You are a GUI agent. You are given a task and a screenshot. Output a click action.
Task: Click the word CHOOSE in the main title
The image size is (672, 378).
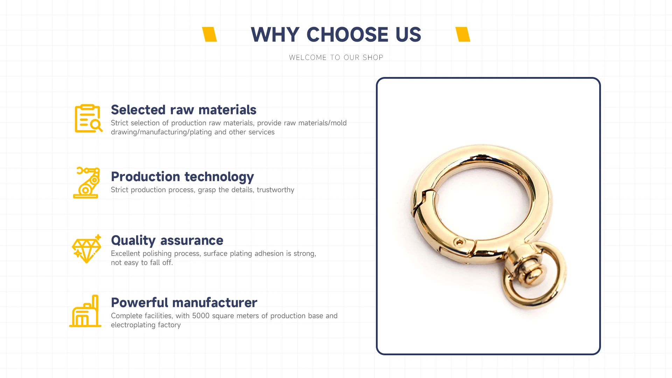pos(347,35)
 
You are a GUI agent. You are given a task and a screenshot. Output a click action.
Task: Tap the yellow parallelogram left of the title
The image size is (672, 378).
pos(210,34)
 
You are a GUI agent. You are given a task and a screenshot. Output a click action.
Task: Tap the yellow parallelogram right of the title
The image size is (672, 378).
pos(463,34)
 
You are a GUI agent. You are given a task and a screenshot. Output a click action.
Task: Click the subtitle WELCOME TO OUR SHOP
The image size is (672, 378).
pos(336,57)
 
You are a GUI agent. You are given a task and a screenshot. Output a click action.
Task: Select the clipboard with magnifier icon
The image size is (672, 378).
pos(88,118)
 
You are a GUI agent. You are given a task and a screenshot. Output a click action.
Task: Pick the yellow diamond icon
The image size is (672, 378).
pos(86,249)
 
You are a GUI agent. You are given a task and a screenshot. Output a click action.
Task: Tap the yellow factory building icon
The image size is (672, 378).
pos(85,311)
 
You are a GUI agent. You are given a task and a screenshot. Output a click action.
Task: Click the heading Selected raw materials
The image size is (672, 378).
pos(184,110)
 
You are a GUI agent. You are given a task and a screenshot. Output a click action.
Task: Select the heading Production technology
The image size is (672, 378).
pos(182,177)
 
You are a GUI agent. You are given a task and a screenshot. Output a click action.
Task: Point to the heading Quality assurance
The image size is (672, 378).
pos(167,241)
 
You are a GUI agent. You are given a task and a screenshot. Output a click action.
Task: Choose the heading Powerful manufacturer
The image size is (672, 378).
pos(184,303)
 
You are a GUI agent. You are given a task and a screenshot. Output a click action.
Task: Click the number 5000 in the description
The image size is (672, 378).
pos(201,316)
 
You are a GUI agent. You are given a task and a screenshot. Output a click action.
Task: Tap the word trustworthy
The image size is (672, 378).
pos(275,190)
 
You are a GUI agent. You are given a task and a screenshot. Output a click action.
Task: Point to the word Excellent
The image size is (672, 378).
pos(126,253)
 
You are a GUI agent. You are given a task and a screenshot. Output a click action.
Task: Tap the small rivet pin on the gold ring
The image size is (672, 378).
pos(460,242)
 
